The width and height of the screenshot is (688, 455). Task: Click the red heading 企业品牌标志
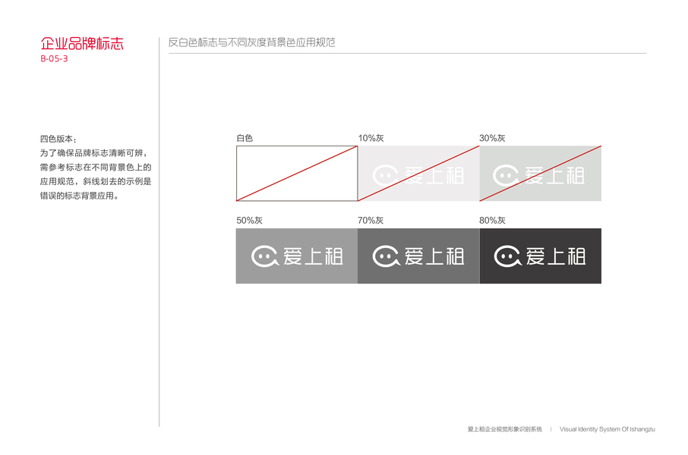coord(81,43)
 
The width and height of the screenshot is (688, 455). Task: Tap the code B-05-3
coord(54,59)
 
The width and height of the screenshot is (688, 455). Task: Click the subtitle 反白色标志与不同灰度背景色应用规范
coord(251,42)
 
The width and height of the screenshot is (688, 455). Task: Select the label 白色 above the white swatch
coord(245,138)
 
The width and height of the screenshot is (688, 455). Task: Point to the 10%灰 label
coord(371,138)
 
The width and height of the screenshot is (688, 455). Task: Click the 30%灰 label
coord(492,138)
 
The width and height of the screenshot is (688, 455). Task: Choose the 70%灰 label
coord(371,221)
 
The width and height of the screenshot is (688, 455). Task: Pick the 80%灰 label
coord(492,221)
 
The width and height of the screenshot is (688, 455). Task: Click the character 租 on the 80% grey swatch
coord(575,256)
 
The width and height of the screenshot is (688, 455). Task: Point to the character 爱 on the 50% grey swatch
coord(293,256)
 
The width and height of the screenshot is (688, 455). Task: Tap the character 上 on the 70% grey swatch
coord(434,256)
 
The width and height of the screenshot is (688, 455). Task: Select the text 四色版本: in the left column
coord(58,139)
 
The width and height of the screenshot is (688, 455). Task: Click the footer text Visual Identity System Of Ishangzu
coord(607,429)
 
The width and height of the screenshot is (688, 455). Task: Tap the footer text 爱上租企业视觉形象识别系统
coord(504,429)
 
